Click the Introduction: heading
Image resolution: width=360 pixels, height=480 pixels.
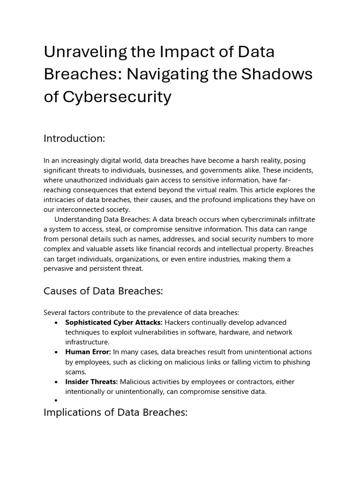pyautogui.click(x=74, y=138)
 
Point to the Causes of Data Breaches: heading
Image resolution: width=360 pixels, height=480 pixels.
pyautogui.click(x=103, y=291)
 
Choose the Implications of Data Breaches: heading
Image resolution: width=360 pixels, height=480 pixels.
pyautogui.click(x=115, y=412)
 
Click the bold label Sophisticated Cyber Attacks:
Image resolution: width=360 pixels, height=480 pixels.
pyautogui.click(x=114, y=322)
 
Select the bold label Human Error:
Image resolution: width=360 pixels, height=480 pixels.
pyautogui.click(x=88, y=352)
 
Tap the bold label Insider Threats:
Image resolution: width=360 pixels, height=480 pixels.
pyautogui.click(x=91, y=382)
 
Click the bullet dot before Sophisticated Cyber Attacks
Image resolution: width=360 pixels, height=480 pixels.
pyautogui.click(x=56, y=323)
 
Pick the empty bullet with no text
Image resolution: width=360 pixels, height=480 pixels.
pyautogui.click(x=56, y=401)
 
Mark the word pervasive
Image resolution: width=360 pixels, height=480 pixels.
pyautogui.click(x=61, y=269)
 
